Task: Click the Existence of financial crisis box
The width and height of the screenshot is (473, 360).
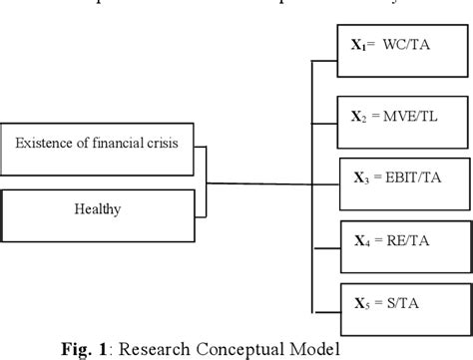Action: click(97, 144)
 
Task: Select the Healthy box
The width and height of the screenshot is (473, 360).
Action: click(97, 209)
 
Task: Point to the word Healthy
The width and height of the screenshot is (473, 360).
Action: click(97, 209)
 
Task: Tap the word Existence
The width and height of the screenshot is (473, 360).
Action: click(43, 144)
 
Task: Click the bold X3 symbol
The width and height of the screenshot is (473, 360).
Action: click(362, 180)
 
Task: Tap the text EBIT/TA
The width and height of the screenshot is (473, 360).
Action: click(414, 180)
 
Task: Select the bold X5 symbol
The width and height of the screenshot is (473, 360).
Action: click(362, 301)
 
